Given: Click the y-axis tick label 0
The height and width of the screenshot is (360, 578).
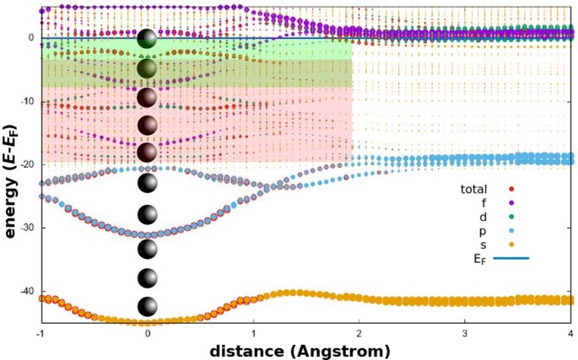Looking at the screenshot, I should click(30, 38).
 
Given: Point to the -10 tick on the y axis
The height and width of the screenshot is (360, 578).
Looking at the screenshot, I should click(26, 101).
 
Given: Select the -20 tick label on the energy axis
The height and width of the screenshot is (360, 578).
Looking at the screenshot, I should click(26, 164).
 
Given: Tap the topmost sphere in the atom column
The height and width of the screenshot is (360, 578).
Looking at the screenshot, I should click(148, 39).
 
